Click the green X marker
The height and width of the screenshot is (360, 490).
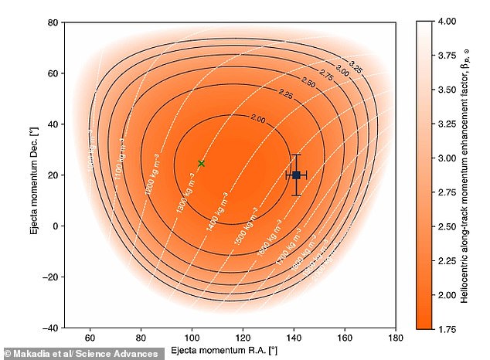[x=201, y=163]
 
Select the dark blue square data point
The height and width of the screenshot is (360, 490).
[x=296, y=175]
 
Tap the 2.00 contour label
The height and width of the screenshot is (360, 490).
[x=259, y=119]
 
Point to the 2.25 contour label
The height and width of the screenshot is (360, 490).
[x=285, y=96]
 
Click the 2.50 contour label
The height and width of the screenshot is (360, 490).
[x=308, y=82]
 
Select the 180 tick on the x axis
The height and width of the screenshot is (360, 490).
[x=396, y=338]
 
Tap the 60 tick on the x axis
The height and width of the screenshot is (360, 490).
[x=90, y=338]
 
